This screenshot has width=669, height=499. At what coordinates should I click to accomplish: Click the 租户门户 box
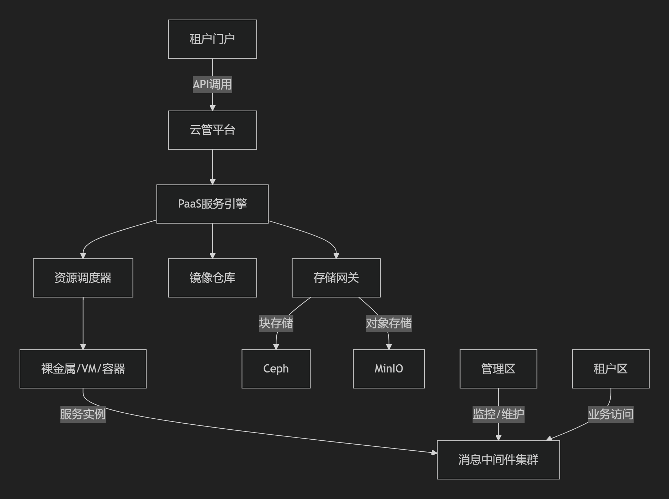click(x=212, y=39)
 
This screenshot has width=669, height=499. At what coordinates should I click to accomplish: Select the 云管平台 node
click(x=212, y=130)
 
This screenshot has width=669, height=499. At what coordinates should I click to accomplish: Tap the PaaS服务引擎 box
click(x=212, y=204)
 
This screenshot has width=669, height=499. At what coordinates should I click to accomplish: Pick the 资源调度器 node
click(x=83, y=278)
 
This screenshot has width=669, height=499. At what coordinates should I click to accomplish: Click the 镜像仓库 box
click(x=212, y=278)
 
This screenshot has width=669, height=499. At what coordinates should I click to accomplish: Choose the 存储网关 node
click(x=336, y=278)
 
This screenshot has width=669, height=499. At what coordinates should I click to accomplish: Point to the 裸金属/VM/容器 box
click(x=83, y=369)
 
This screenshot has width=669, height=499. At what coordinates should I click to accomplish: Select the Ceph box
click(x=276, y=369)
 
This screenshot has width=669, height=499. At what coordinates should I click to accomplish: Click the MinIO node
click(x=389, y=369)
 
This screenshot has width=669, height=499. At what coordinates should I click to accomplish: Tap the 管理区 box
click(x=498, y=369)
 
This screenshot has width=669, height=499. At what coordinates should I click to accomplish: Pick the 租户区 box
click(x=611, y=369)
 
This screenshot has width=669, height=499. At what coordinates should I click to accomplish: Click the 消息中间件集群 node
click(x=498, y=460)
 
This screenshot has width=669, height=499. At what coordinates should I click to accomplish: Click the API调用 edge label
click(x=212, y=85)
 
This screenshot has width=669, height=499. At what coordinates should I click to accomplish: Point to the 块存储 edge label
click(x=276, y=323)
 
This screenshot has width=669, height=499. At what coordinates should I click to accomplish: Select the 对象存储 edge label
click(x=389, y=323)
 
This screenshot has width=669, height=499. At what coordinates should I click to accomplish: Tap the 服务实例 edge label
click(x=83, y=414)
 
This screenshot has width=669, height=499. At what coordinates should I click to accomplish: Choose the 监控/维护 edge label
click(x=498, y=414)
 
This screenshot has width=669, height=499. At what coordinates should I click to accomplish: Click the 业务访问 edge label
click(x=611, y=414)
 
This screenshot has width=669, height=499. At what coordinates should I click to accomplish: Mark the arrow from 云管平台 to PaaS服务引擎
click(x=212, y=167)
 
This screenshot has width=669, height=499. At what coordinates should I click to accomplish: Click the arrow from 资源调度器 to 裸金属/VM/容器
click(x=83, y=323)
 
